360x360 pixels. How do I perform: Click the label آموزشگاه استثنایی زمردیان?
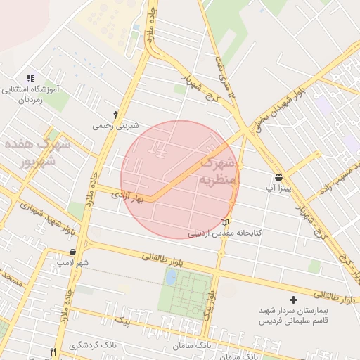30,95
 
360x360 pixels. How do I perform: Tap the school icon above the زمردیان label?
30,79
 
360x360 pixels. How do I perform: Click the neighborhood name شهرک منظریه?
221,171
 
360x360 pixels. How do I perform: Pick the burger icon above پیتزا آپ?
279,176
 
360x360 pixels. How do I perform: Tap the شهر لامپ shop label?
73,263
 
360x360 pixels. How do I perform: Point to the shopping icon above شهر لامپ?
73,252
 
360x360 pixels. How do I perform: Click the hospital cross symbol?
293,300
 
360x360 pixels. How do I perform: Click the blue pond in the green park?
170,277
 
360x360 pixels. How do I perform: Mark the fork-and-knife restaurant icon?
53,352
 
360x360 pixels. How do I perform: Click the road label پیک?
124,321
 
